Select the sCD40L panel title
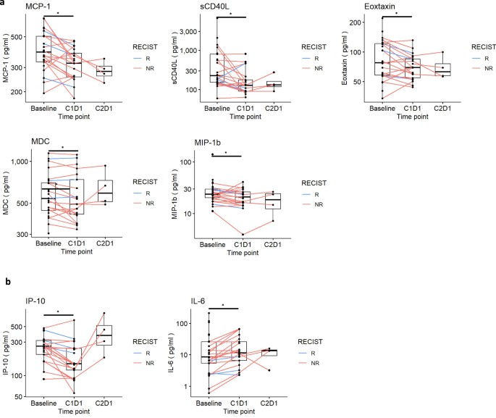[189, 7]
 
